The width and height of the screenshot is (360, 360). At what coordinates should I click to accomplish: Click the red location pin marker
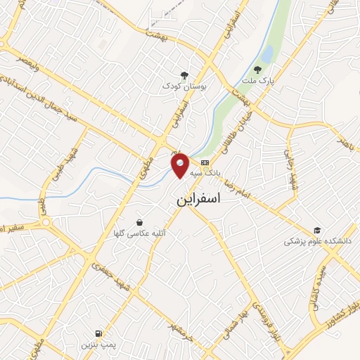pos(181,165)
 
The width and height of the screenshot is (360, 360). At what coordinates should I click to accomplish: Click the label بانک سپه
pos(208,172)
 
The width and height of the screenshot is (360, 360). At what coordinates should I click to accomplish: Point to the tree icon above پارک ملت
pos(257,70)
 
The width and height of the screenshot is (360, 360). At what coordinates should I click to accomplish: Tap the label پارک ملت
pos(257,82)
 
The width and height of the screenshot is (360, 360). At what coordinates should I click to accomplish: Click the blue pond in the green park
pos(267,53)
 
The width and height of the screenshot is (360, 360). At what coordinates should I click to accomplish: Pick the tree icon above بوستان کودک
pos(184,75)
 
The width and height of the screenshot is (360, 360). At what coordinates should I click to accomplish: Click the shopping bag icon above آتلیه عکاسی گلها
pos(139,221)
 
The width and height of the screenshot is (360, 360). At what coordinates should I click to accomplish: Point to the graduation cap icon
pos(317,230)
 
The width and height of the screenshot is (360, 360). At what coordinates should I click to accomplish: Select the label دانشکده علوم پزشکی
pos(317,240)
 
